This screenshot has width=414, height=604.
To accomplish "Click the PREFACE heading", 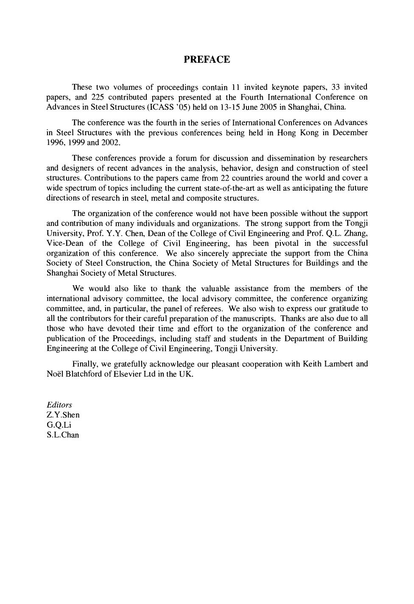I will point(207,59).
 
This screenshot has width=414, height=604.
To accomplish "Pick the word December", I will point(350,133).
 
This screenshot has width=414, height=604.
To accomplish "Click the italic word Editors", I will point(59,405).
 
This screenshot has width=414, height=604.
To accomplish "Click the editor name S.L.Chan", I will point(63,435).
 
